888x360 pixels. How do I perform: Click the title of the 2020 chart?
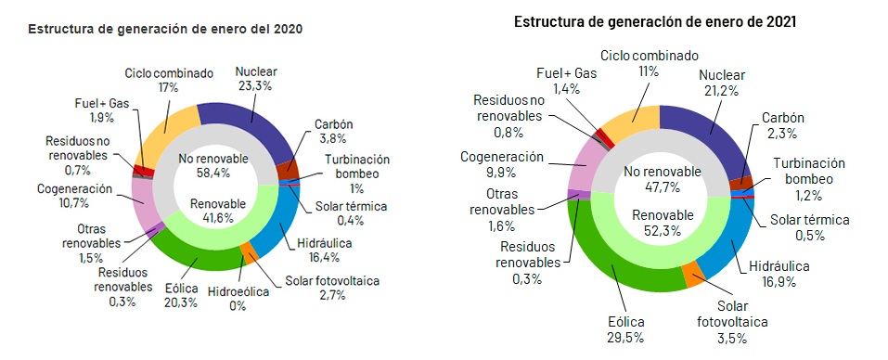coord(166,29)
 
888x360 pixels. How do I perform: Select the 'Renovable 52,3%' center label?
coord(660,224)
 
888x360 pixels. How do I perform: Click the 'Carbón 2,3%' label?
coord(782,126)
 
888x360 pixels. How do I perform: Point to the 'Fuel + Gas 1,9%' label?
coord(91,110)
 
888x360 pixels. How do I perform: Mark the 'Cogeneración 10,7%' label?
coord(75,196)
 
